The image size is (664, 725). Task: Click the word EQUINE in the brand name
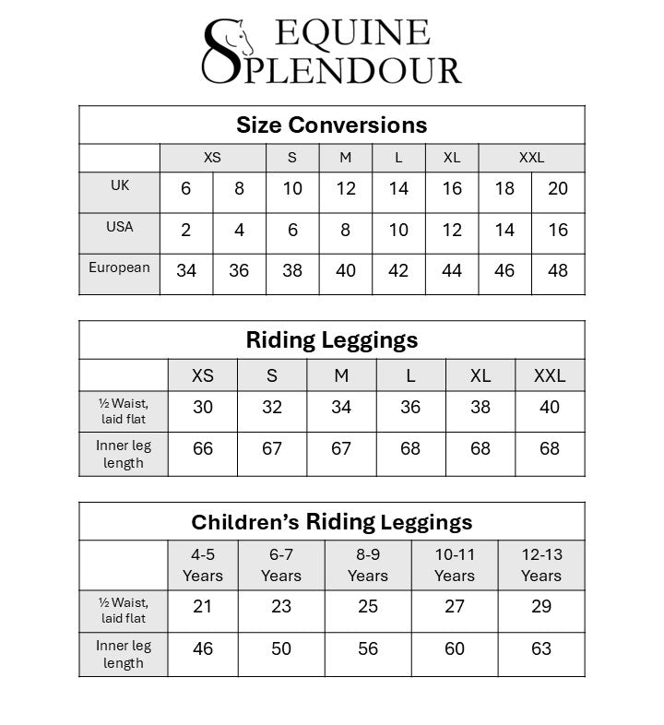click(352, 32)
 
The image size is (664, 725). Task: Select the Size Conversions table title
click(331, 125)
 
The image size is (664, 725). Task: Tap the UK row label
click(120, 184)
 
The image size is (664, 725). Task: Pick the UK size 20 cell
click(558, 189)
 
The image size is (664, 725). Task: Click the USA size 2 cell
click(186, 231)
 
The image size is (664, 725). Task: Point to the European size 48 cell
click(558, 271)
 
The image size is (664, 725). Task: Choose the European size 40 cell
click(345, 271)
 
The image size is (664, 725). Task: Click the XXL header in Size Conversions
click(531, 158)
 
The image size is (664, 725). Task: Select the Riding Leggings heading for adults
click(331, 339)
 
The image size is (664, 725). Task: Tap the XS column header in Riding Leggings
click(202, 375)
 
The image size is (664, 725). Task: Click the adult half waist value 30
click(202, 407)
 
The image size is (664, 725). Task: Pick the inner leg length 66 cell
click(202, 449)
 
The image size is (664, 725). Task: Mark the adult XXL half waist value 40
click(550, 407)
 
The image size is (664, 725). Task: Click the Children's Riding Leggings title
click(331, 522)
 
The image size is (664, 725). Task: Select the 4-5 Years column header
click(202, 565)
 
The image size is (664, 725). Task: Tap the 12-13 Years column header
click(541, 565)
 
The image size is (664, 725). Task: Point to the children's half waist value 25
click(367, 606)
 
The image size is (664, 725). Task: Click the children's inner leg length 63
click(541, 648)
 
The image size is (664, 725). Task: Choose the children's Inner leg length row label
click(124, 654)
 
